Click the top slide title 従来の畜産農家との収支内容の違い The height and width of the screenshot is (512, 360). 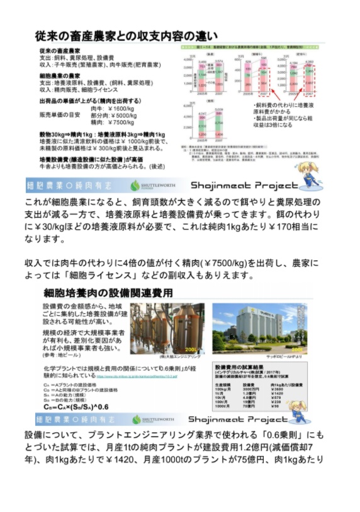coord(127,35)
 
